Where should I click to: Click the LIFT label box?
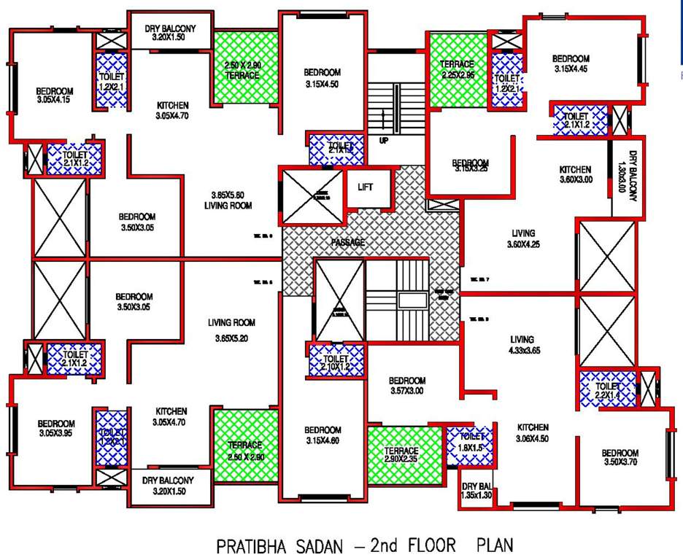[x=366, y=187]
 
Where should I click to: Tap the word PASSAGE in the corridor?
[x=347, y=243]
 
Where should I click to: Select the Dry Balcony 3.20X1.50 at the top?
[x=169, y=31]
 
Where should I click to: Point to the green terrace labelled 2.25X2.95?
[x=458, y=69]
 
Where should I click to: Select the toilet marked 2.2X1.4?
[x=606, y=391]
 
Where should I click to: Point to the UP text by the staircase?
[x=383, y=140]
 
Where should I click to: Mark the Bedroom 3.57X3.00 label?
[x=407, y=385]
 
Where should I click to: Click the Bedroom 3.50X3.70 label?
[x=621, y=457]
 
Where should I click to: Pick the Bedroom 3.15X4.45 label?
[x=571, y=63]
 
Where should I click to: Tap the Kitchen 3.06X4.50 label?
[x=533, y=432]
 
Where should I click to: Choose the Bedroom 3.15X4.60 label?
[x=323, y=435]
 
